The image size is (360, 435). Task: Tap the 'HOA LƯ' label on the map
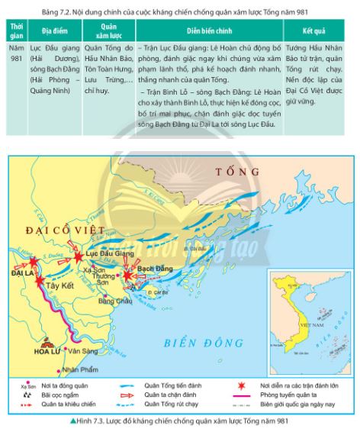[x=48, y=352]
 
